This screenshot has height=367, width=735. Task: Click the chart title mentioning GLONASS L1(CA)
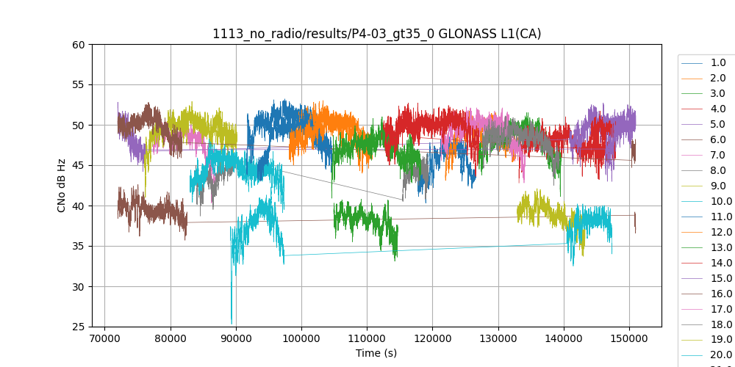coord(376,34)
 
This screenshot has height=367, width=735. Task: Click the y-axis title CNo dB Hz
coord(62,185)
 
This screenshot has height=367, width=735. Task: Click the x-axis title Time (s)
coord(376,353)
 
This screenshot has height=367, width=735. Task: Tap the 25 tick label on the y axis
coord(78,327)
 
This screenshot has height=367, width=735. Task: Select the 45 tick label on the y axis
coord(78,165)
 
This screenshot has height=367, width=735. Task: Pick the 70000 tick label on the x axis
coord(105,338)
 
